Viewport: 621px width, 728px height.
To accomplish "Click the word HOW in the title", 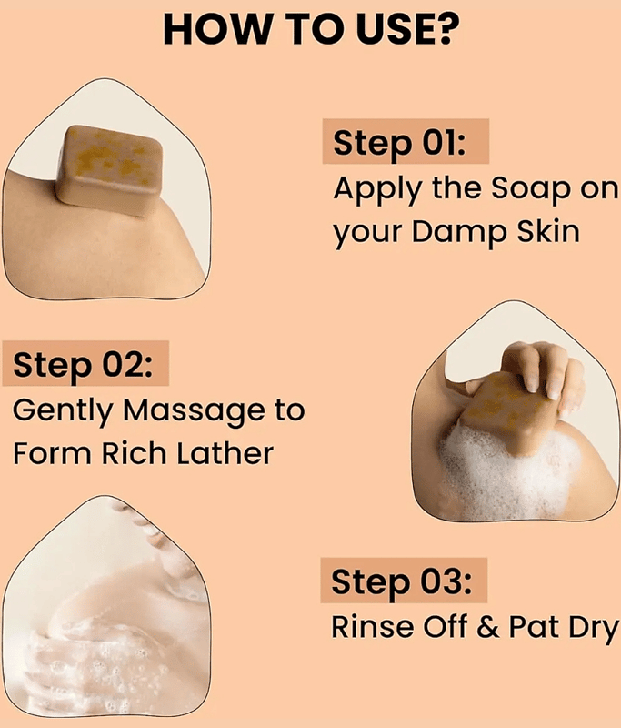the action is [217, 29].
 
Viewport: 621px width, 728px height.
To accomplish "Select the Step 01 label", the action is [399, 142].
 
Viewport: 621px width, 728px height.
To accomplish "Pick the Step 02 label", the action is [83, 365].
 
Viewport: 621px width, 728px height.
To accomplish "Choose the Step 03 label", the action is [402, 581].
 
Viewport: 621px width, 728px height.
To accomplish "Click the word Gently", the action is [63, 411].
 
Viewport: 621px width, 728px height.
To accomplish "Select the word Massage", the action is [194, 411].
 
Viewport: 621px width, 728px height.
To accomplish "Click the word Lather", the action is [225, 452].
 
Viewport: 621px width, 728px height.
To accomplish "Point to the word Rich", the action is [134, 452].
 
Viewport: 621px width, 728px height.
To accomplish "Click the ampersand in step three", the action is [488, 627].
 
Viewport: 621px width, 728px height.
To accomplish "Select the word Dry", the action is [593, 629].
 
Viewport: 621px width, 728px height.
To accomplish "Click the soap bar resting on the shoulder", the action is [110, 170].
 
